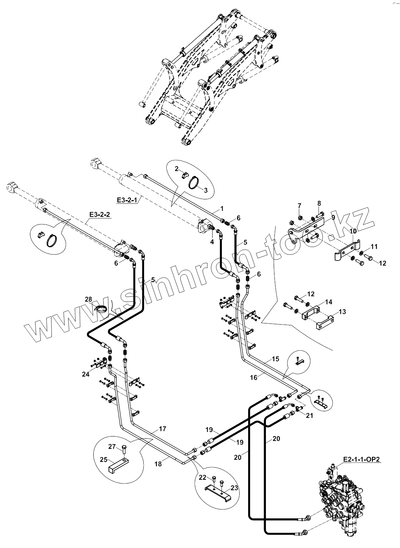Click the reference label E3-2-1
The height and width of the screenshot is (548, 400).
pyautogui.click(x=127, y=200)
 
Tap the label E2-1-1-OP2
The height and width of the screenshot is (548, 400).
pyautogui.click(x=361, y=459)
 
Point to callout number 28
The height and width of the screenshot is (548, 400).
pyautogui.click(x=89, y=299)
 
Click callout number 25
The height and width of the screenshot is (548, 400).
pyautogui.click(x=103, y=460)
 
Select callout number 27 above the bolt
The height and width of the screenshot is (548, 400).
pyautogui.click(x=111, y=446)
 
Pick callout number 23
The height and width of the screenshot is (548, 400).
pyautogui.click(x=234, y=488)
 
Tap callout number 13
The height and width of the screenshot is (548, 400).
pyautogui.click(x=342, y=312)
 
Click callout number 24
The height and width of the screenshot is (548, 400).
pyautogui.click(x=86, y=374)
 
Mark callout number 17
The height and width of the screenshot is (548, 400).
pyautogui.click(x=162, y=429)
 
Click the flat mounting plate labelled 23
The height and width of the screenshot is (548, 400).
pyautogui.click(x=219, y=490)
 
